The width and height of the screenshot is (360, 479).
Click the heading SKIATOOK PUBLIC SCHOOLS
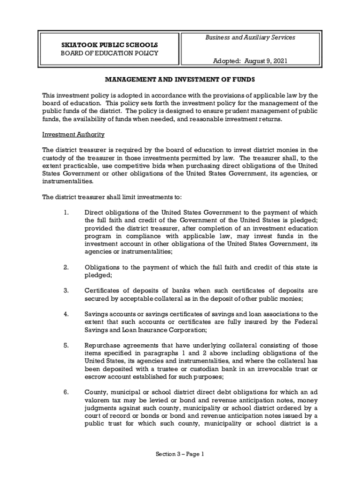pos(109,45)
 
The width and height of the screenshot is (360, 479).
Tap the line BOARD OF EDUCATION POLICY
pos(109,53)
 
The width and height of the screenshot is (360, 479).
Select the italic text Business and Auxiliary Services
pos(250,37)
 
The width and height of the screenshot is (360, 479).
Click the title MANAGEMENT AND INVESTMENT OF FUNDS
pos(180,80)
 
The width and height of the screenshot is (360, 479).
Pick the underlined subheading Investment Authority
pos(73,135)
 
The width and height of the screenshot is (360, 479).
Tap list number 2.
pos(66,268)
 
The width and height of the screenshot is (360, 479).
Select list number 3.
pos(66,291)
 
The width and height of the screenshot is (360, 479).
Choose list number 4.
pos(66,314)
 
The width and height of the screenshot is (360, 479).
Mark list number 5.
pos(66,346)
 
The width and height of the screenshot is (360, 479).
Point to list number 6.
pos(66,392)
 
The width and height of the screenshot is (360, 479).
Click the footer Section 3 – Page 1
pos(180,454)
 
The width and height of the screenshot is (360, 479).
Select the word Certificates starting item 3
pos(103,291)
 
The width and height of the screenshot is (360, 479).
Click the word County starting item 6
pos(95,392)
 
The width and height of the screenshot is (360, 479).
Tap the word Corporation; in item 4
pos(187,330)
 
